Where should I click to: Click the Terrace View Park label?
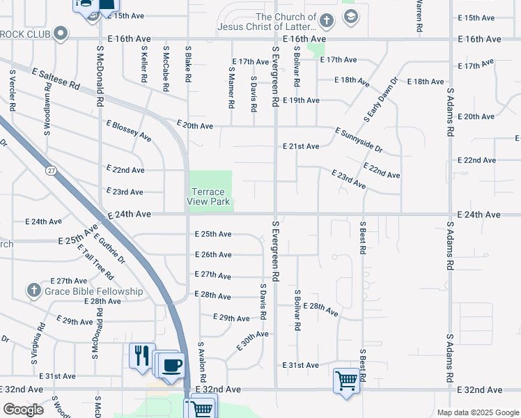[209, 196]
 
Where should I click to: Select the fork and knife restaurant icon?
[141, 355]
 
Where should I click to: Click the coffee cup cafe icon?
[173, 364]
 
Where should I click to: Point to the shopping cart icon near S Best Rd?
[345, 380]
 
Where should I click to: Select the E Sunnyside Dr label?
[359, 140]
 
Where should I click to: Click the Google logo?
[23, 410]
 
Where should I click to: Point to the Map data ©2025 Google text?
[477, 412]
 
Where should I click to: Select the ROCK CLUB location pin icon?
[61, 33]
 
